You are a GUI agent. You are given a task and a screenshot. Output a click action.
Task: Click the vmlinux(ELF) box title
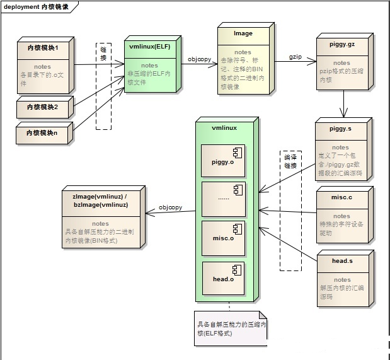[x=151, y=46]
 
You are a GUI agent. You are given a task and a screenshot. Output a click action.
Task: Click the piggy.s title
[x=340, y=128]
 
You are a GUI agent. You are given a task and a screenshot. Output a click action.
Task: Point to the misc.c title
[x=341, y=197]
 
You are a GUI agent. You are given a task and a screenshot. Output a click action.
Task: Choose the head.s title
[x=342, y=260]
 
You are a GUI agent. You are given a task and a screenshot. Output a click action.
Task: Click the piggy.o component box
[x=222, y=161]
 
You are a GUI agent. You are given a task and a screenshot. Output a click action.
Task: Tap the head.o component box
[x=222, y=278]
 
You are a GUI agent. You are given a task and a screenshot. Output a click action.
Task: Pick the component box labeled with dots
[x=222, y=199]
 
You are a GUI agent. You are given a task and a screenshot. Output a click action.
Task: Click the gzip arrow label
[x=295, y=56]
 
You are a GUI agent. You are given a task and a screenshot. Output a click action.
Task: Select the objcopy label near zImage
[x=170, y=207]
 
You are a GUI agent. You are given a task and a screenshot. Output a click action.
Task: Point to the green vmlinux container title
[x=224, y=127]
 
